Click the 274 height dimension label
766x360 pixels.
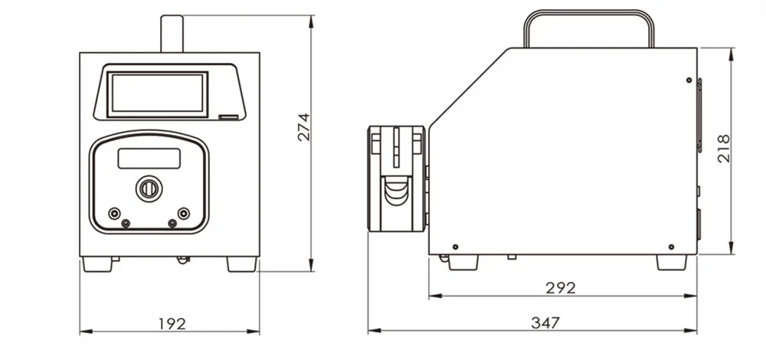point(303,127)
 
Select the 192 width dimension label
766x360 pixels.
point(172,323)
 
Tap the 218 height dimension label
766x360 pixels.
point(724,148)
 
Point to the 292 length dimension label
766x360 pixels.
point(560,288)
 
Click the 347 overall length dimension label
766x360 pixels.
point(545,323)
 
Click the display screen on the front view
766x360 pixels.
point(157,93)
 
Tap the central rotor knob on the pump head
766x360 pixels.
point(149,188)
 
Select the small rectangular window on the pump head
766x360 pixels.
point(149,159)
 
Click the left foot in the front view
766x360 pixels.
point(97,264)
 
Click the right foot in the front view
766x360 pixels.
point(241,264)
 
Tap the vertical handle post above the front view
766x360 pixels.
point(169,33)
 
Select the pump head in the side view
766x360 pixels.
point(397,178)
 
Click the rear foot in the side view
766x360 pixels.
point(671,262)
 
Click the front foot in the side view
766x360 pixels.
point(463,262)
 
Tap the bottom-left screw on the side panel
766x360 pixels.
point(455,247)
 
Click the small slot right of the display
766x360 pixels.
point(228,117)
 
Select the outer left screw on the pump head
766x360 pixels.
point(114,213)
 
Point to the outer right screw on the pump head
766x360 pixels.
point(183,213)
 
